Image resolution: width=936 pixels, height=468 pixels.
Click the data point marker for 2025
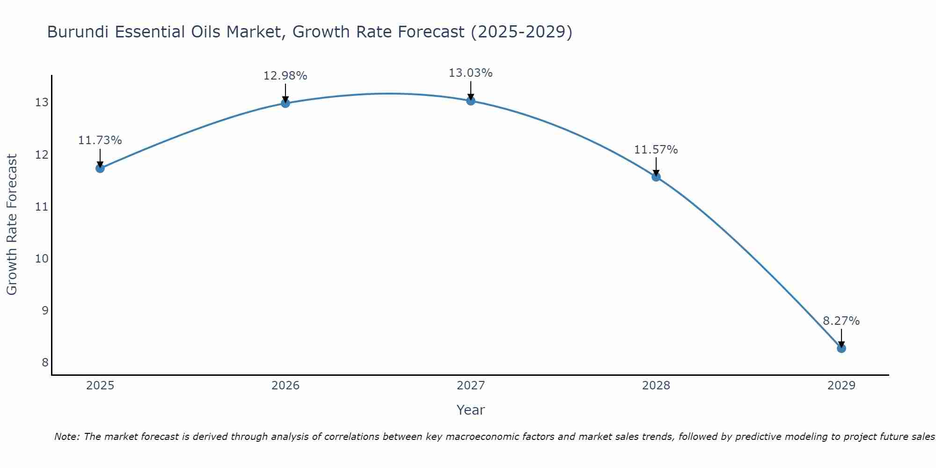[x=100, y=168]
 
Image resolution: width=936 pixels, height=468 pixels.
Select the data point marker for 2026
[x=285, y=103]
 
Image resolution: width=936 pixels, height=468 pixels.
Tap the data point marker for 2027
[x=471, y=101]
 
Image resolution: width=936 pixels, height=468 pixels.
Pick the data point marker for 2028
[x=656, y=176]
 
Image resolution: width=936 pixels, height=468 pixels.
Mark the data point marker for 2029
[x=841, y=348]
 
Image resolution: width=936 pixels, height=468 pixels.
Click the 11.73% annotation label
[x=100, y=140]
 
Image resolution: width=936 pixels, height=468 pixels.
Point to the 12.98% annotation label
[x=285, y=76]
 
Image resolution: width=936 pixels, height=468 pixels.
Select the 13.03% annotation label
[x=470, y=73]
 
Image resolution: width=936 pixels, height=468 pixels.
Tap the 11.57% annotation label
[x=656, y=150]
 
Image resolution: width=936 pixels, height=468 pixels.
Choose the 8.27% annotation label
[x=841, y=321]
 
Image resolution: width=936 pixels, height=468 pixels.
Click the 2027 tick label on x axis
[x=471, y=386]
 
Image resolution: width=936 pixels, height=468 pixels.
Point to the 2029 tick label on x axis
[x=841, y=386]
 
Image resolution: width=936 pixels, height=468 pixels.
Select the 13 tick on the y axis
[x=42, y=102]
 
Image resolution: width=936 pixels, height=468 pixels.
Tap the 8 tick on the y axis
[x=45, y=363]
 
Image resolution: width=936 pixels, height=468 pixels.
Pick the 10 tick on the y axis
[x=42, y=259]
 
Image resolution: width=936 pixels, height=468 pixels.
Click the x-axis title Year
[x=470, y=410]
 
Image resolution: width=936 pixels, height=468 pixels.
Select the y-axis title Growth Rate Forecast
[x=12, y=225]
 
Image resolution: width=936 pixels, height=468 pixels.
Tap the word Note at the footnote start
[x=66, y=437]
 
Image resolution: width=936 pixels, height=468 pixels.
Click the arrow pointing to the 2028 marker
[x=656, y=166]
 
